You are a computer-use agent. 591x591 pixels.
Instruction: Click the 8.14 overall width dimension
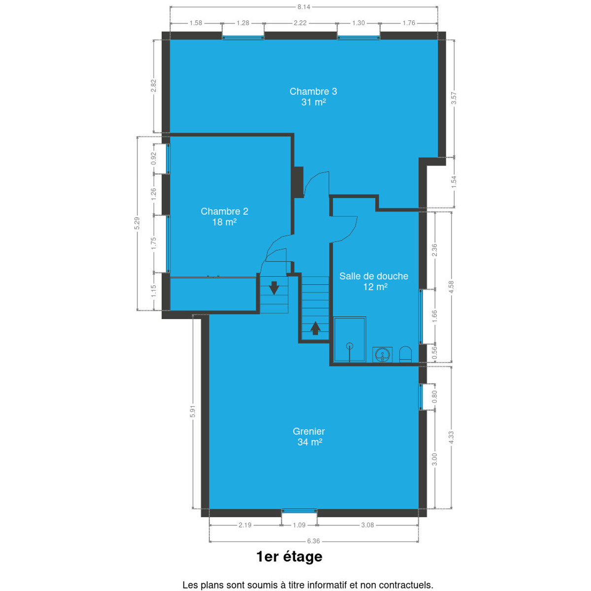pyautogui.click(x=304, y=7)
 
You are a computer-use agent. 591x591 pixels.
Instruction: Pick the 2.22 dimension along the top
pyautogui.click(x=300, y=23)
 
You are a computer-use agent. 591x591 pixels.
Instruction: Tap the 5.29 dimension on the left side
pyautogui.click(x=137, y=223)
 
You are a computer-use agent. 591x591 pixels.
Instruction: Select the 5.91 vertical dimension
pyautogui.click(x=193, y=411)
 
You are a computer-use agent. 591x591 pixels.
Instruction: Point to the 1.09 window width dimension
pyautogui.click(x=299, y=525)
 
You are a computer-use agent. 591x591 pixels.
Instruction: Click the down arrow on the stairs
pyautogui.click(x=274, y=288)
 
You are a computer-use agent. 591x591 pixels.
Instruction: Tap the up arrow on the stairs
pyautogui.click(x=315, y=328)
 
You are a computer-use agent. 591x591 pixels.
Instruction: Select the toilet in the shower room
pyautogui.click(x=405, y=354)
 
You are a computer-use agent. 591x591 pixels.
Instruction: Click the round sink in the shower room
pyautogui.click(x=383, y=355)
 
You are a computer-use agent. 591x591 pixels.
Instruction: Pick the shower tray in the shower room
pyautogui.click(x=350, y=339)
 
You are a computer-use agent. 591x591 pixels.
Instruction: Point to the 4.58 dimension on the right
pyautogui.click(x=451, y=287)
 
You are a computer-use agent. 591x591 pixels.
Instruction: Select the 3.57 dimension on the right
pyautogui.click(x=454, y=98)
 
